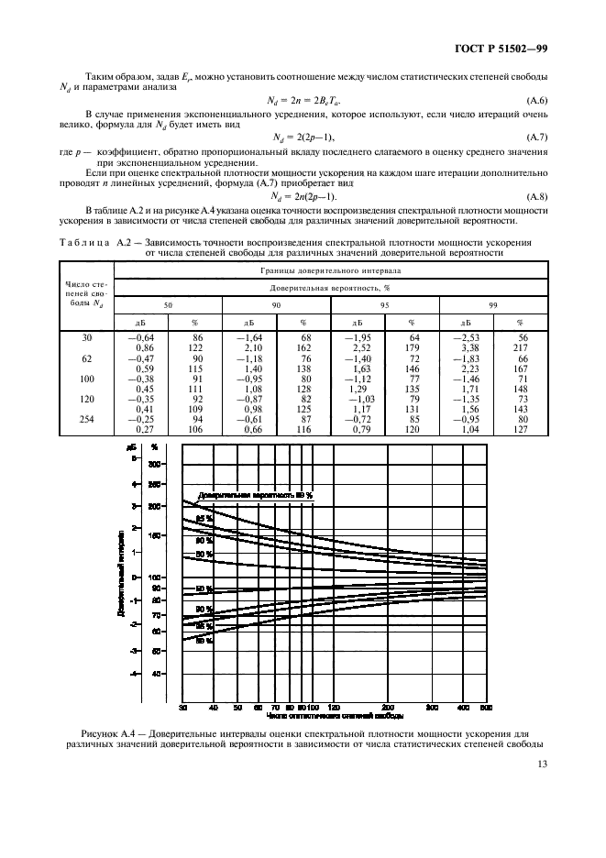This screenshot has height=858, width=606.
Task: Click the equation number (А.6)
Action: click(535, 99)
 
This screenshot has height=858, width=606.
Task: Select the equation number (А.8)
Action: click(535, 197)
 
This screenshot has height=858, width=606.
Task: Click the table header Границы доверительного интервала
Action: click(331, 270)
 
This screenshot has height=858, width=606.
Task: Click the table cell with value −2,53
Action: click(466, 338)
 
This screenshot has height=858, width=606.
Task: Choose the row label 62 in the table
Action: click(87, 359)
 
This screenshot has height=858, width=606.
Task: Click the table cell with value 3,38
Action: click(466, 349)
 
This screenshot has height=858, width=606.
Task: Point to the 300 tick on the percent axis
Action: click(155, 464)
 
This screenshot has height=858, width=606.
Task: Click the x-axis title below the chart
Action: click(335, 719)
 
